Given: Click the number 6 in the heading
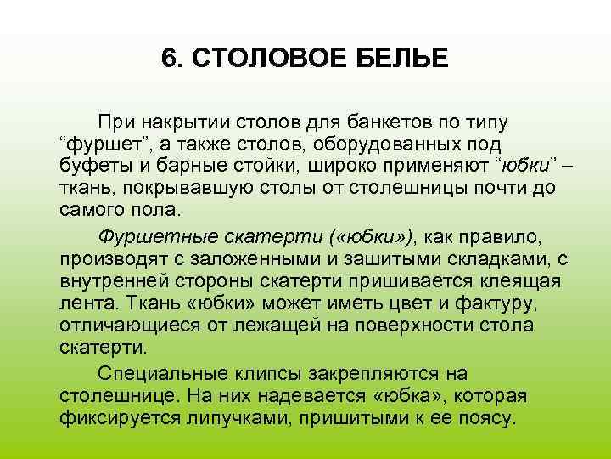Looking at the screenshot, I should click(168, 59).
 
